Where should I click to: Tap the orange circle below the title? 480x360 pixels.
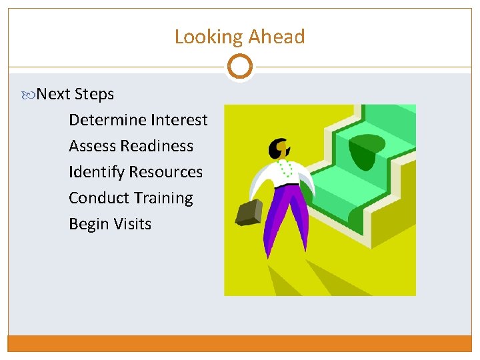point(239,67)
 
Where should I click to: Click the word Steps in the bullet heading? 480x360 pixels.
point(94,95)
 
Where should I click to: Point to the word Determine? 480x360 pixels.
point(107,120)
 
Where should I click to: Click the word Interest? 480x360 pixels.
point(179,120)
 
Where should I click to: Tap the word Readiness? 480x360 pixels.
point(162,146)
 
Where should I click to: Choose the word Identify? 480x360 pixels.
point(96,172)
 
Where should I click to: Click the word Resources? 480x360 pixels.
point(166,172)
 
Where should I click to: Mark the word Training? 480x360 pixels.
point(163,198)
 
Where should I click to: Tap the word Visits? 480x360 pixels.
point(132,224)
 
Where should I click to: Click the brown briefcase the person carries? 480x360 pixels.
point(249,213)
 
